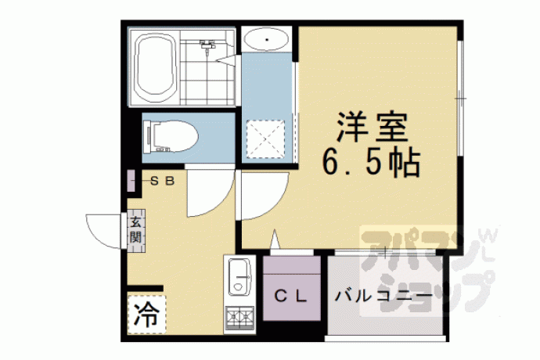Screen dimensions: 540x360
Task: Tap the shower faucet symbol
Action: [x=207, y=46]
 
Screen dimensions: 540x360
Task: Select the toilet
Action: [x=170, y=136]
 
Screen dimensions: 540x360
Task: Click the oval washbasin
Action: [x=266, y=40]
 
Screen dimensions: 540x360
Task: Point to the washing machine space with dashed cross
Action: [x=265, y=139]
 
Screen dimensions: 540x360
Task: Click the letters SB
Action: [x=164, y=181]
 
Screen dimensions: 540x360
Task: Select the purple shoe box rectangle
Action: [x=131, y=181]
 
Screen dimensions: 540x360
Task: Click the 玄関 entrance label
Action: [x=135, y=230]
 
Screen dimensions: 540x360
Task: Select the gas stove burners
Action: [x=239, y=317]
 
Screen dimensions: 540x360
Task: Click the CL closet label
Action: [x=290, y=297]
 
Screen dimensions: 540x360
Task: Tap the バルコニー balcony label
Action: [x=383, y=296]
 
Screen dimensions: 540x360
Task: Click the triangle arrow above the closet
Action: [x=274, y=239]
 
